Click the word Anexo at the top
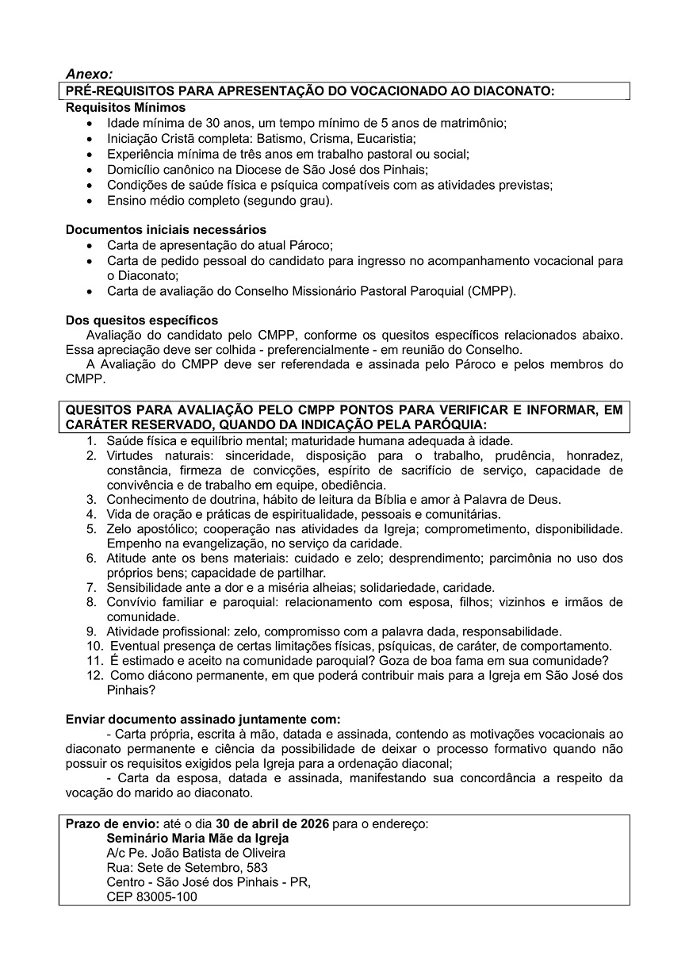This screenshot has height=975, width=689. tap(88, 74)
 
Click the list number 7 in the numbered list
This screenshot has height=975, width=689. tap(91, 588)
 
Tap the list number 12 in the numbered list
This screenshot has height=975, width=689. tap(94, 676)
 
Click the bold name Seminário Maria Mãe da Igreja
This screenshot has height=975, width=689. tap(197, 838)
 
